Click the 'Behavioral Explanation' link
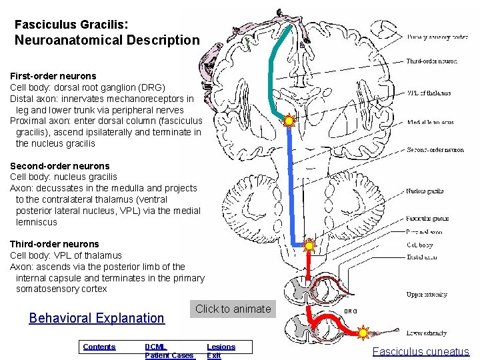click(97, 318)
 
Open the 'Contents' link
click(99, 347)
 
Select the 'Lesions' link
click(221, 347)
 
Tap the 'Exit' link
click(214, 355)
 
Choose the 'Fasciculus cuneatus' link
click(421, 351)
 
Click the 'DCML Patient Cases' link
click(169, 351)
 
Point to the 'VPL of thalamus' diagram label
click(429, 93)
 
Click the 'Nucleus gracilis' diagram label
click(425, 191)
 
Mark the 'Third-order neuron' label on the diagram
click(433, 61)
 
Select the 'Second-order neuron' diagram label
click(435, 150)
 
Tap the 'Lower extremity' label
click(427, 333)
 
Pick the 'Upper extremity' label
click(427, 294)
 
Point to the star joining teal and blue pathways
click(289, 121)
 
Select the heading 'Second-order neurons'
click(60, 166)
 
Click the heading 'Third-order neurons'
click(54, 244)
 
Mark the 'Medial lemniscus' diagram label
click(430, 122)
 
